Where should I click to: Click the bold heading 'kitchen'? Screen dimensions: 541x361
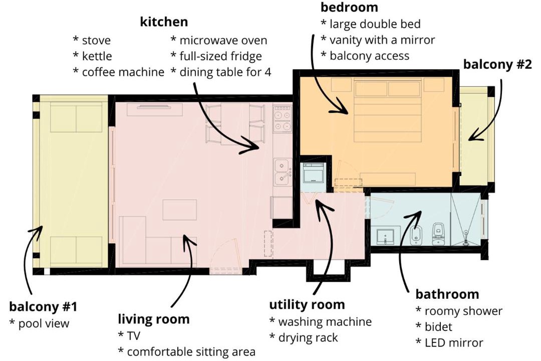pos(164,22)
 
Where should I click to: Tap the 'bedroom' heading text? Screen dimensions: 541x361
pos(349,7)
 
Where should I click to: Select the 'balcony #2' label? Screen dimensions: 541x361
pos(497,64)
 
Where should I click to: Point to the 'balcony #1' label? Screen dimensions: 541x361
pos(43,306)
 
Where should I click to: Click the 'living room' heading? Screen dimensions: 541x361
pos(154,319)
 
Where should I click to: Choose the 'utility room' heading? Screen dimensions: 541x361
pos(307,304)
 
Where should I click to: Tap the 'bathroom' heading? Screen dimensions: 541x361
pos(447,294)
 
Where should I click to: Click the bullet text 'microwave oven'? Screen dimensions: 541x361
pos(223,41)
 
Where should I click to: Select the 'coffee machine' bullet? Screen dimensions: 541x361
pos(123,72)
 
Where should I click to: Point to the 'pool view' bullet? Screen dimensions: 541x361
pos(44,323)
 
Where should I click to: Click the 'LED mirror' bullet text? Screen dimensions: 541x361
pos(454,342)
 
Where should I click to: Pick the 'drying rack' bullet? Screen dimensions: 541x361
pos(308,337)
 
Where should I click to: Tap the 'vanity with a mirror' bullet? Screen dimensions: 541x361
pos(382,40)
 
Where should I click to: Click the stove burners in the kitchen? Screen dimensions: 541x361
pos(283,119)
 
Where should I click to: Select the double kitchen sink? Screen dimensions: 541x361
pos(283,171)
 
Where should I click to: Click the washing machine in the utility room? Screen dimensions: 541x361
pos(313,173)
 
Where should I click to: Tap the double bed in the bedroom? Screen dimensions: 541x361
pos(388,110)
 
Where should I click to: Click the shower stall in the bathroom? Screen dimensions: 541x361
pos(465,220)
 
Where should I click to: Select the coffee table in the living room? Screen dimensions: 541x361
pos(180,210)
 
